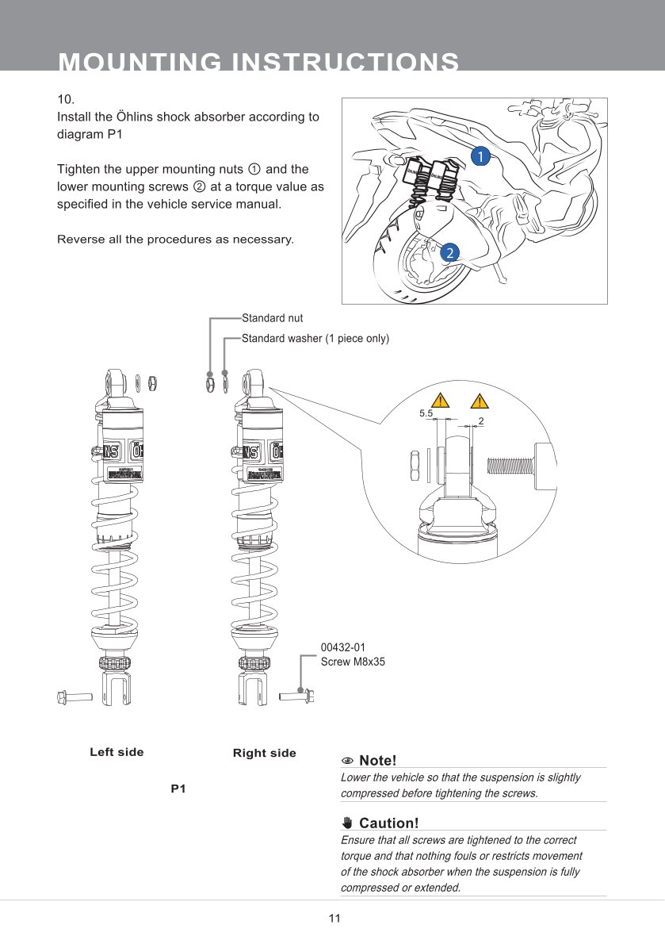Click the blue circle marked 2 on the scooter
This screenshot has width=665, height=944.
pos(449,253)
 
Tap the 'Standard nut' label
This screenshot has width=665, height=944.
pos(272,318)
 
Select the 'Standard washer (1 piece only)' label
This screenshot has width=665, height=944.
pos(315,339)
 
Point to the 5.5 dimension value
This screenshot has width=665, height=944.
pos(426,413)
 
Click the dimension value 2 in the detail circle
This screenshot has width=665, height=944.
pos(481,419)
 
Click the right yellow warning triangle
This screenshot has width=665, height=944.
pos(480,400)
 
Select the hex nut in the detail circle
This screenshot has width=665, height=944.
pos(415,465)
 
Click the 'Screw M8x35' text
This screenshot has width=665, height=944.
pos(353,662)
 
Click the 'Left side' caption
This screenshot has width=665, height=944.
pos(117,752)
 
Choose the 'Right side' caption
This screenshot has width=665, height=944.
pos(264,753)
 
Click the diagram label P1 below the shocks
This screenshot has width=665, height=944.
pos(178,789)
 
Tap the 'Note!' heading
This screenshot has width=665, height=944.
pos(376,761)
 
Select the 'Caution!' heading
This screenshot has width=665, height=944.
pos(388,823)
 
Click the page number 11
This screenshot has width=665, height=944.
pos(334,919)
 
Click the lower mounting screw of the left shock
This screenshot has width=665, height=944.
pos(75,696)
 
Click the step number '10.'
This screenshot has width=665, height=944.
pos(66,100)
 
